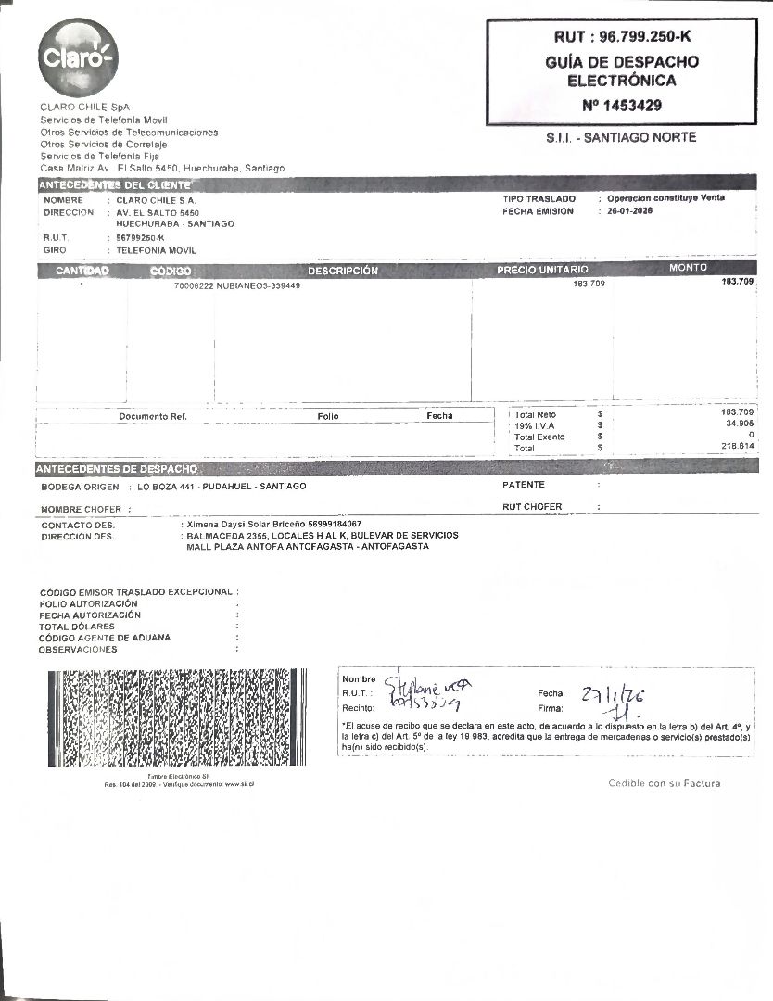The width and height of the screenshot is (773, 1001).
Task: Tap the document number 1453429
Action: (x=621, y=106)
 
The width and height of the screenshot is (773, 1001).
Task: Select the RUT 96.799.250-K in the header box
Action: (x=621, y=37)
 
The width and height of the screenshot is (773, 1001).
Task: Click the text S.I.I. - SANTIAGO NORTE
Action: (x=621, y=138)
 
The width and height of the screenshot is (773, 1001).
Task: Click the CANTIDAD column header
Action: (x=82, y=271)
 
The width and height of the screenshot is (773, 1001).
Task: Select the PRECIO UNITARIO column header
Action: (x=542, y=271)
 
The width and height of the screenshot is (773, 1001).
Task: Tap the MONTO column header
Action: (x=688, y=268)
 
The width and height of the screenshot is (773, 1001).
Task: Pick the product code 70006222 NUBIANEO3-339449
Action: (x=236, y=285)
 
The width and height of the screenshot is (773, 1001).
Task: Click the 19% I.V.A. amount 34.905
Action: (x=738, y=424)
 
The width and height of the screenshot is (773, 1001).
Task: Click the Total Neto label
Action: (x=535, y=414)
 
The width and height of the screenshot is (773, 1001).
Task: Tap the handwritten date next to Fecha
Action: (x=613, y=695)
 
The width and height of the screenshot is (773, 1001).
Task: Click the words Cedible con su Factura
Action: (x=664, y=783)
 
